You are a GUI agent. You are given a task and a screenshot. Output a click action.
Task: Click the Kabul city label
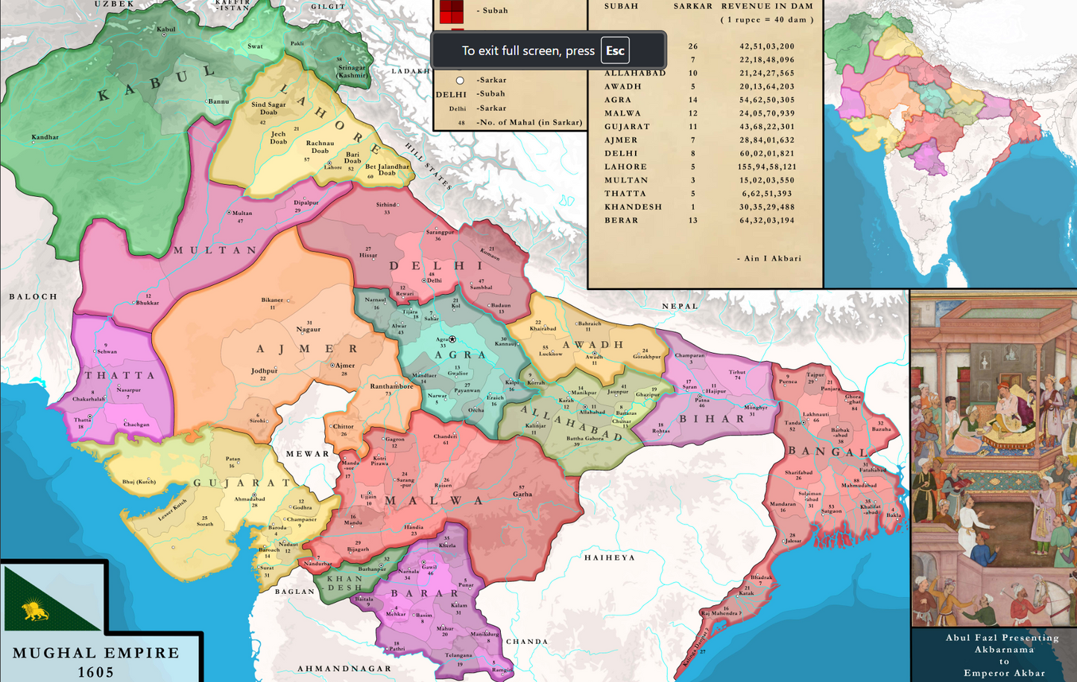[x=165, y=30]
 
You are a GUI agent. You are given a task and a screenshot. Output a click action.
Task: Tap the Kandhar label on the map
[x=45, y=137]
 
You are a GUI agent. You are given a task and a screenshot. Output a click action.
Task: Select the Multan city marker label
[x=241, y=213]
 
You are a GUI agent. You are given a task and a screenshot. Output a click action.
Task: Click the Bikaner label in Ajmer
[x=272, y=300]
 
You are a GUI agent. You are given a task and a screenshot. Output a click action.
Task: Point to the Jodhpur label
[x=264, y=371]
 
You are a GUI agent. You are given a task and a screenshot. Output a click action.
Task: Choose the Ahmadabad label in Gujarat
[x=249, y=499]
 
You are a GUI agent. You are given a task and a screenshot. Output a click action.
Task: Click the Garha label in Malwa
[x=522, y=494]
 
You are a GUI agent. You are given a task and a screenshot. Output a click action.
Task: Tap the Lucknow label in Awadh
[x=550, y=354]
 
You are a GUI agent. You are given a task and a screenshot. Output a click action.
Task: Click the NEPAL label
[x=680, y=306]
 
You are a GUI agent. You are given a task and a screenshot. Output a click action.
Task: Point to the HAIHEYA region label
[x=610, y=557]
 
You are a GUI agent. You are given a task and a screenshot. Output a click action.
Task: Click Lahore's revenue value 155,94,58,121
[x=767, y=167]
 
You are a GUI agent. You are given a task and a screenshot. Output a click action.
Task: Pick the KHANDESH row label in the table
[x=633, y=207]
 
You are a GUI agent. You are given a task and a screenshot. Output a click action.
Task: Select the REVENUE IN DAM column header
[x=767, y=6]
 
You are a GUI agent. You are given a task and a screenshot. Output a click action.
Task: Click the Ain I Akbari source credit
[x=769, y=258]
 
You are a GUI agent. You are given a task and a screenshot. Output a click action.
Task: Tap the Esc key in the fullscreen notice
[x=615, y=51]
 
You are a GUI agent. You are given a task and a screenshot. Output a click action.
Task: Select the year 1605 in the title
[x=96, y=672]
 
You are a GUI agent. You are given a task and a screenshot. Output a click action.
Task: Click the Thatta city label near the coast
[x=82, y=420]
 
